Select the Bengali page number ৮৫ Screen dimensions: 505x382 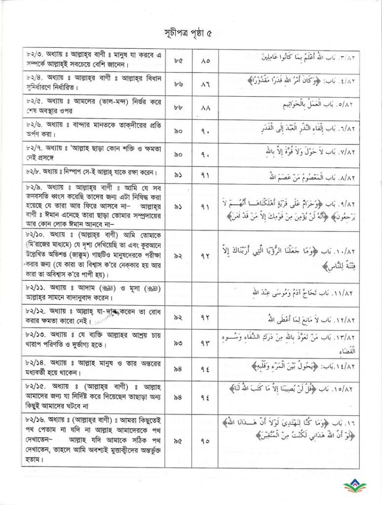[178, 61]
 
